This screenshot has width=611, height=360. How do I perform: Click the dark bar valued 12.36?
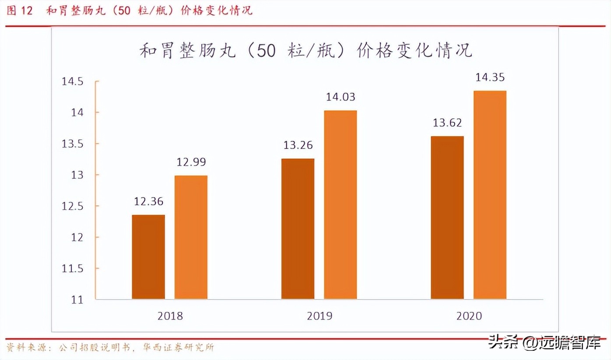(x=148, y=257)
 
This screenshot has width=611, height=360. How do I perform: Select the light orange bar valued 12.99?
(x=191, y=237)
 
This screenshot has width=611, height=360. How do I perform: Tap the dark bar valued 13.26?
(x=298, y=229)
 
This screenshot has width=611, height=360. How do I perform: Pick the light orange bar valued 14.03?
(x=340, y=205)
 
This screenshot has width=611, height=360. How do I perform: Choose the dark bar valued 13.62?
(x=447, y=218)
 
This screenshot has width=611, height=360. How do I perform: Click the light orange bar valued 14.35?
(x=490, y=195)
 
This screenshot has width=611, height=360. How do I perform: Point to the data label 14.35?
(x=490, y=78)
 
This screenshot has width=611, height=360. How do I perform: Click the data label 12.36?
(x=148, y=201)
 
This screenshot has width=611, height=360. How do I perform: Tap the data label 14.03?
(x=340, y=97)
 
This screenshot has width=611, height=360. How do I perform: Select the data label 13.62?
(x=447, y=123)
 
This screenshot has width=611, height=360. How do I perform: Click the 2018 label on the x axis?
(x=170, y=316)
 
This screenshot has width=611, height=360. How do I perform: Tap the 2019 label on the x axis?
(x=319, y=316)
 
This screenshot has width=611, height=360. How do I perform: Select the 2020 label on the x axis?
(x=468, y=316)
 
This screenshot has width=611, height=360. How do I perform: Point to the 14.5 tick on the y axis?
(x=72, y=82)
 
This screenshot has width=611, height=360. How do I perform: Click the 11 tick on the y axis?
(x=77, y=300)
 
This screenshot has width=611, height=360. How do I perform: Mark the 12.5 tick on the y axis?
(x=72, y=206)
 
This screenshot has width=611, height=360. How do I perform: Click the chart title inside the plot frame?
(x=305, y=50)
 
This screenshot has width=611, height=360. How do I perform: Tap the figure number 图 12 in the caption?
(x=20, y=11)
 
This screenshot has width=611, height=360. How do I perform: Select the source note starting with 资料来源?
(x=110, y=348)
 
